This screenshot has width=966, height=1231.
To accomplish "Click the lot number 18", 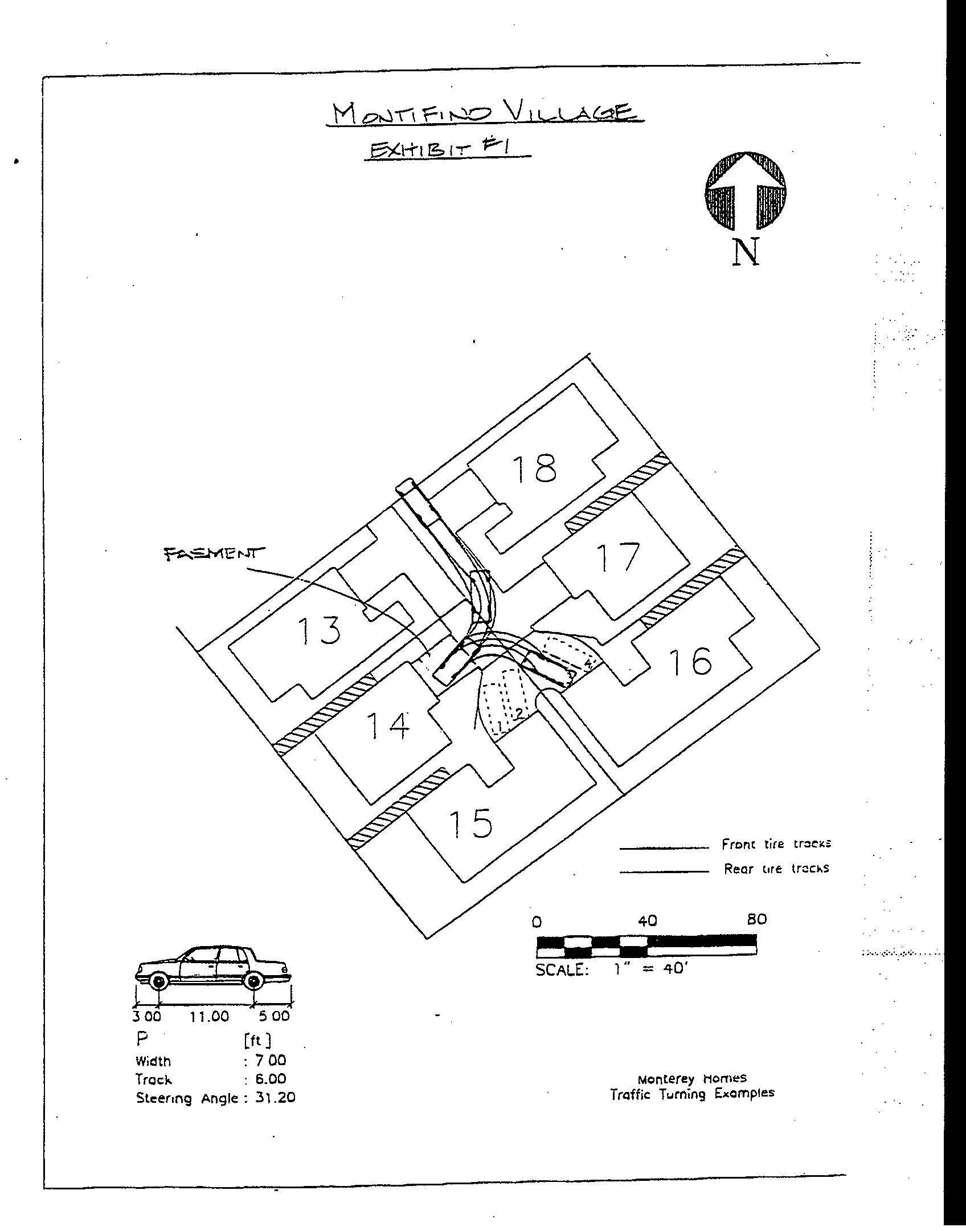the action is (x=534, y=468).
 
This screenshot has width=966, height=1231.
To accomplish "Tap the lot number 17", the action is (x=618, y=557).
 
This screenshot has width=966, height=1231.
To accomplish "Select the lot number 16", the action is (x=690, y=661).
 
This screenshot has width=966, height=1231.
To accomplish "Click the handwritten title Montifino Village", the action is (x=488, y=113).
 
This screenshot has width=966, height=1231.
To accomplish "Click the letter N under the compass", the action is (x=746, y=252).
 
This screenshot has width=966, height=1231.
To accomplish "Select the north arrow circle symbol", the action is (x=746, y=191).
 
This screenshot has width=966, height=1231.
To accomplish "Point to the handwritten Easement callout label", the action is (x=214, y=553).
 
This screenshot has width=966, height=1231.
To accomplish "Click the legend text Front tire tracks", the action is (x=776, y=844).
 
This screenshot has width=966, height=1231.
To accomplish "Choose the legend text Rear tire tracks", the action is (x=776, y=869).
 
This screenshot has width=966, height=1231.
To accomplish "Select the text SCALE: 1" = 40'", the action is (x=613, y=969).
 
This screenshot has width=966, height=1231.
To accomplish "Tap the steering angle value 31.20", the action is (x=275, y=1098).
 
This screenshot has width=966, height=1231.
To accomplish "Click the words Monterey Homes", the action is (x=691, y=1078).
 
